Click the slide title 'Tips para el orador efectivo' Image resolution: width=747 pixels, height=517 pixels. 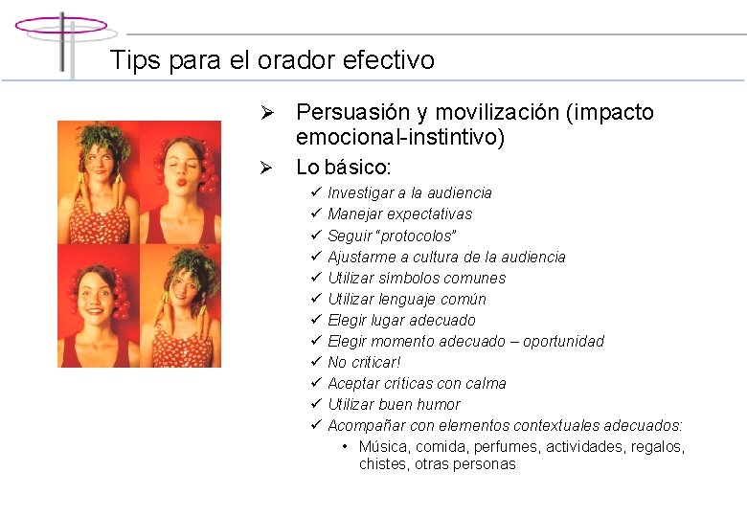point(272,60)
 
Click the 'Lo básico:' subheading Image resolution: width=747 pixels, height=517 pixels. point(343,168)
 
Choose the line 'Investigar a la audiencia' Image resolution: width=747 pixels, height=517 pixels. point(409,193)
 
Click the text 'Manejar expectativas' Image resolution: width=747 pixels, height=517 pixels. point(399,214)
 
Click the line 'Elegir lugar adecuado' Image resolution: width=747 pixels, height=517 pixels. point(401,320)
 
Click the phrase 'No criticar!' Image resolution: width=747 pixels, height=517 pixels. point(364,362)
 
